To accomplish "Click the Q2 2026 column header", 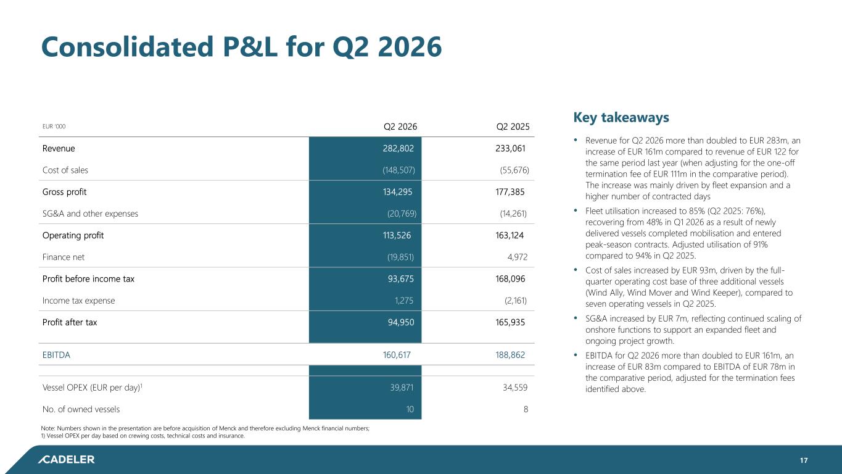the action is point(400,127).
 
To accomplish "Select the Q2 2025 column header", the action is point(513,127).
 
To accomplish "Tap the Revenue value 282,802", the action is point(398,149).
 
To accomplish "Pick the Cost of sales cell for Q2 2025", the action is point(514,170).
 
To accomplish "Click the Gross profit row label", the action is point(64,192).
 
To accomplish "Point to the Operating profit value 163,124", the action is point(510,236).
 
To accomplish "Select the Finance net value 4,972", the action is point(517,257).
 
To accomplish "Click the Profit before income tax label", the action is point(88,279).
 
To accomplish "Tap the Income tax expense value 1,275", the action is point(403,301).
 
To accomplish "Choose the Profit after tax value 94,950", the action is point(401,322).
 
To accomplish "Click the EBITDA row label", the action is point(56,355).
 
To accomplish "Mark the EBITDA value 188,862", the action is point(510,355).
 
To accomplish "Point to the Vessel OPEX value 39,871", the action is point(402,388).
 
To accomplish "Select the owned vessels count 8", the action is point(526,409).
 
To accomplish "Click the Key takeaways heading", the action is point(621,117).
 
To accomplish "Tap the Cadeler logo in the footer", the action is point(67,459).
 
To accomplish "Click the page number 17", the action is point(804,460).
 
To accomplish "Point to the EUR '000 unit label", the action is point(54,127).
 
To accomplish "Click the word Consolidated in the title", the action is point(127,47).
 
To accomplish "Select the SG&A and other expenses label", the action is point(90,214).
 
